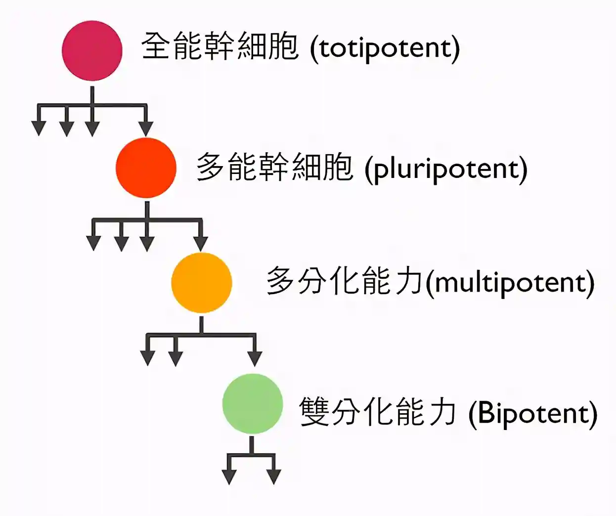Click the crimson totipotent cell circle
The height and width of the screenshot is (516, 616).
[x=92, y=50]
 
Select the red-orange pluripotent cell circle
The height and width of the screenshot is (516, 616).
[x=146, y=168]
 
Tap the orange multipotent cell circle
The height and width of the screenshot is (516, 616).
[x=202, y=283]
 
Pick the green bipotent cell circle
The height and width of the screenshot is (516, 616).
[x=253, y=404]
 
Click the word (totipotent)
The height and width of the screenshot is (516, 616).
[x=385, y=48]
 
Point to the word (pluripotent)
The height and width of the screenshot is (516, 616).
[x=446, y=169]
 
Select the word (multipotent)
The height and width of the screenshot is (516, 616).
[x=510, y=283]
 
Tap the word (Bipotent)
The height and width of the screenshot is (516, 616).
[x=532, y=414]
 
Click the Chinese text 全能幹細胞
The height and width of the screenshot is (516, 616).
[x=220, y=46]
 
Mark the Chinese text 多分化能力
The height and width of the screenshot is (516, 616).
[x=345, y=281]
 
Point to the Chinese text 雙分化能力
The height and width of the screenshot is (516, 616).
[x=378, y=412]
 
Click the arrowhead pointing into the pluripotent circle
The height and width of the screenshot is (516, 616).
[x=145, y=128]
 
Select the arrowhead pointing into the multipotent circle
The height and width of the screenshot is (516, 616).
[x=201, y=243]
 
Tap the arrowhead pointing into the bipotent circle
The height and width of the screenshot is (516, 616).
[x=255, y=358]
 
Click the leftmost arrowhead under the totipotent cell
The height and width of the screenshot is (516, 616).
[x=39, y=128]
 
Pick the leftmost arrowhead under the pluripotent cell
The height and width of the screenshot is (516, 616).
[x=93, y=243]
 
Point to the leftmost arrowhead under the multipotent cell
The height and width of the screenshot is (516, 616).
[x=148, y=358]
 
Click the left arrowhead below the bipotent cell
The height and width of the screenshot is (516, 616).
[x=229, y=476]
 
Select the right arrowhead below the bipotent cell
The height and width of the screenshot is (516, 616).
[x=273, y=476]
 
